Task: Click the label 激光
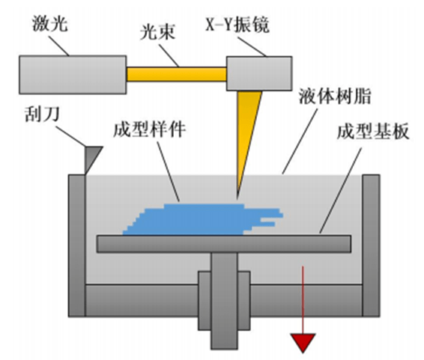[x=49, y=23]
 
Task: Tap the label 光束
[x=157, y=31]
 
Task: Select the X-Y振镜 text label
[x=237, y=24]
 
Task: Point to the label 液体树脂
[x=335, y=96]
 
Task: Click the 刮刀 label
[x=42, y=114]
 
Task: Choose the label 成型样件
[x=149, y=129]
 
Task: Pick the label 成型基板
[x=373, y=132]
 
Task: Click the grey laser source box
[x=73, y=75]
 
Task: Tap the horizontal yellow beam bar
[x=177, y=74]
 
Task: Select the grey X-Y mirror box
[x=259, y=73]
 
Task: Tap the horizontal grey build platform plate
[x=224, y=244]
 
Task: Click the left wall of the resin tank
[x=77, y=245]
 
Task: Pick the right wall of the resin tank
[x=371, y=245]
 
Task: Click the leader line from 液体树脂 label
[x=300, y=141]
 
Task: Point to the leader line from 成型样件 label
[x=169, y=171]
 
